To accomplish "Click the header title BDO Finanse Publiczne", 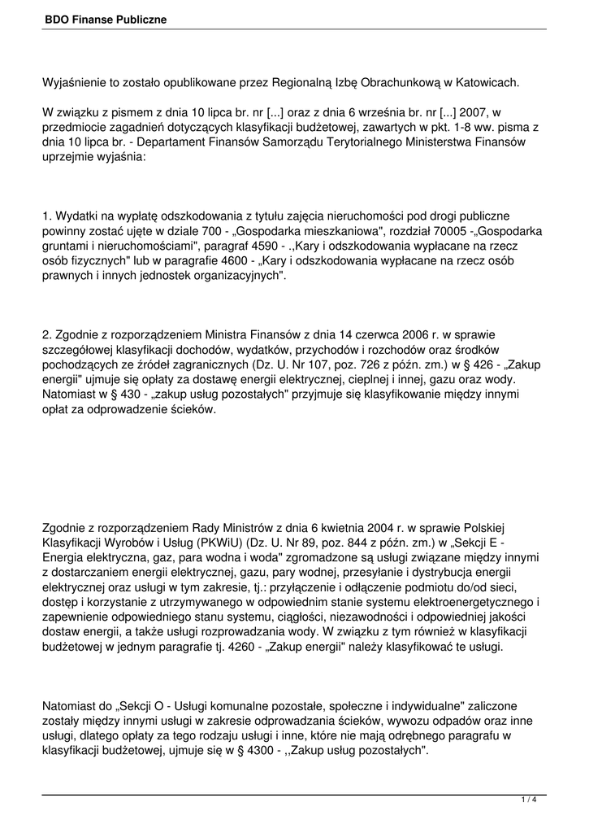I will (x=106, y=18).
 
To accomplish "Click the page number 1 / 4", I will (x=529, y=800).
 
